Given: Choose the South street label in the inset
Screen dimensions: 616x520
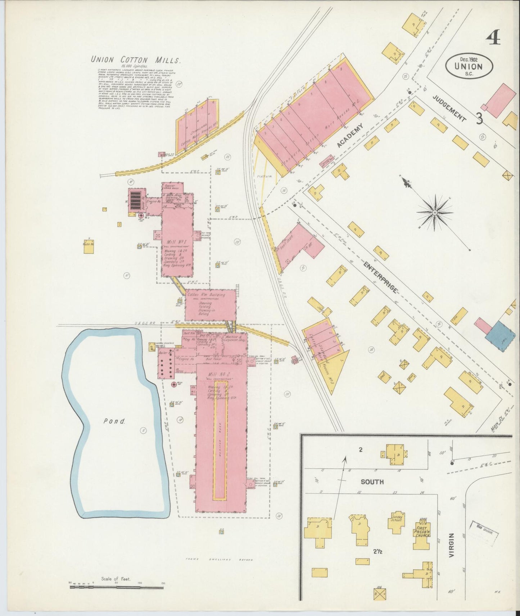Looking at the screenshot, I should (372, 482).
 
